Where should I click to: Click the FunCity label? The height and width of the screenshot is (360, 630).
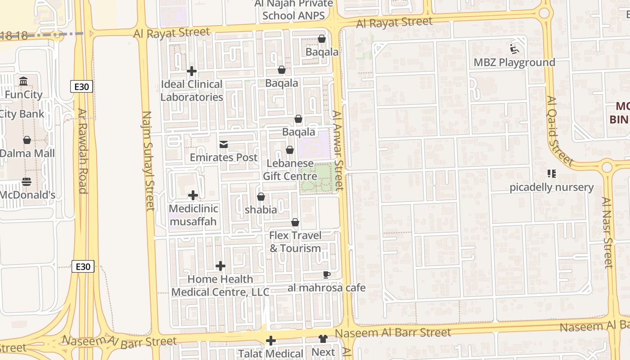click(x=23, y=94)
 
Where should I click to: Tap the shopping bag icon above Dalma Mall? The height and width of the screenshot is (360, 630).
click(x=27, y=140)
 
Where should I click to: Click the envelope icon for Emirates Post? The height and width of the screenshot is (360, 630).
click(x=224, y=144)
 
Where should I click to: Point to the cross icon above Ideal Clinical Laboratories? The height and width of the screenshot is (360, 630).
click(x=192, y=71)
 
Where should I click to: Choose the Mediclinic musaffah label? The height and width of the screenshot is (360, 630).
click(x=193, y=215)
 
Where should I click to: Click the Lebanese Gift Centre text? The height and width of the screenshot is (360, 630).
click(x=290, y=170)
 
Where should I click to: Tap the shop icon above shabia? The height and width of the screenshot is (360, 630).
click(x=261, y=197)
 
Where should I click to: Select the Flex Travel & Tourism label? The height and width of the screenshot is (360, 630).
click(x=295, y=242)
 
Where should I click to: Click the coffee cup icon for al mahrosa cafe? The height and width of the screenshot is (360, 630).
click(x=327, y=274)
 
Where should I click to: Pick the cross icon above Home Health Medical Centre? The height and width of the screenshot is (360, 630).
click(x=220, y=266)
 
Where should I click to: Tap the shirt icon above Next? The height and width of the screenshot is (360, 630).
click(x=323, y=339)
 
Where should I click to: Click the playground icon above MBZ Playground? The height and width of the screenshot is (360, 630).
click(x=514, y=49)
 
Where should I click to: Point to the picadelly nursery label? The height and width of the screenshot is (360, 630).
click(x=551, y=187)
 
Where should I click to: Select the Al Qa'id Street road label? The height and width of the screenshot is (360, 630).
click(x=560, y=130)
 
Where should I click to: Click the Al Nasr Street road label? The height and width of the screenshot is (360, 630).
click(x=608, y=232)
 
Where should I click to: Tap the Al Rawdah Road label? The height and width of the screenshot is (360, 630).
click(x=82, y=151)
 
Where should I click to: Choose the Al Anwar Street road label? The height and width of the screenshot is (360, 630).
click(x=338, y=150)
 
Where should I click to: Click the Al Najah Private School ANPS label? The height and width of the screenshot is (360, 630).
click(x=293, y=9)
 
